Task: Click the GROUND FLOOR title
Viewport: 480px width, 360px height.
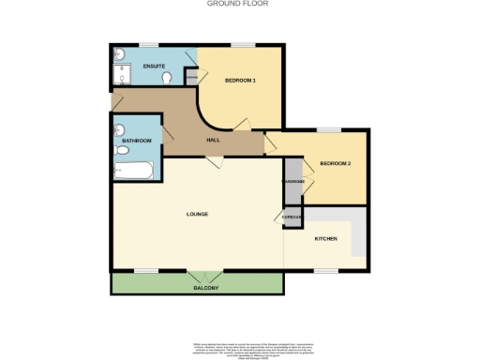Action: pyautogui.click(x=238, y=4)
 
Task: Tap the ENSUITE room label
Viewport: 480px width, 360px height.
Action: pyautogui.click(x=154, y=67)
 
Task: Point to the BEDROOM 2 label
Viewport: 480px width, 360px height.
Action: pyautogui.click(x=335, y=164)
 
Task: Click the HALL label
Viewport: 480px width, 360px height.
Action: pyautogui.click(x=213, y=140)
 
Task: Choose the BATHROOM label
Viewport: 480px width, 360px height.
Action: pyautogui.click(x=137, y=141)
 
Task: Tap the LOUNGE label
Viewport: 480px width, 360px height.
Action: pyautogui.click(x=197, y=215)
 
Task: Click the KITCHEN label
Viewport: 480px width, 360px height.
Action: pyautogui.click(x=325, y=239)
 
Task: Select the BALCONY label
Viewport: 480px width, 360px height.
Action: pyautogui.click(x=206, y=287)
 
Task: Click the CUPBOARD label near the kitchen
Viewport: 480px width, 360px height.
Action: pyautogui.click(x=291, y=216)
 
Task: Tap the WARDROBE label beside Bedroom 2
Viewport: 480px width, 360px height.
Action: pyautogui.click(x=293, y=180)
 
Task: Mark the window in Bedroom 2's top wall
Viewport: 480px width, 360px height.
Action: pyautogui.click(x=328, y=129)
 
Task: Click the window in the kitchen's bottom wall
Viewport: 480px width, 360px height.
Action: pyautogui.click(x=326, y=272)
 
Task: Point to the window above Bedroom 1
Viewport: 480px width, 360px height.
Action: pyautogui.click(x=245, y=45)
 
